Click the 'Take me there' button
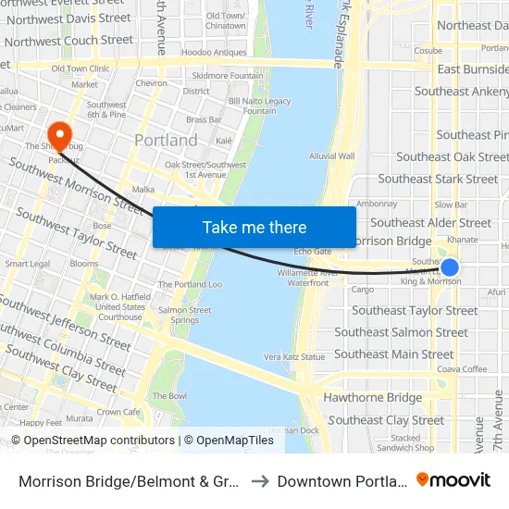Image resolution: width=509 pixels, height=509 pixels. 254,228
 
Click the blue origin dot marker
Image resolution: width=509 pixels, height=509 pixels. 449,268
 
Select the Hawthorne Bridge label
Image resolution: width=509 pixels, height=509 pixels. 372,398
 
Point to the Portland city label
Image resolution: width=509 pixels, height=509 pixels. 166,141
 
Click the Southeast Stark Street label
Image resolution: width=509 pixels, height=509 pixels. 438,179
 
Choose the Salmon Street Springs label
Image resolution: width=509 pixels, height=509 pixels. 178,316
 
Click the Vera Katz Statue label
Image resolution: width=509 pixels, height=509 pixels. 294,356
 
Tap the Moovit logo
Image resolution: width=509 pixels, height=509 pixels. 453,479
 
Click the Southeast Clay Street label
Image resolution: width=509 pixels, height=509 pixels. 386,420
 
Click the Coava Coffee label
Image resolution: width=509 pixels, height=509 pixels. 462,369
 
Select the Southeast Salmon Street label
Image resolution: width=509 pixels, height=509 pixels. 401,332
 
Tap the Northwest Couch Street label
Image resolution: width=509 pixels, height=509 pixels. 68,41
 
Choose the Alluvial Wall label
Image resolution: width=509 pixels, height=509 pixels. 332,156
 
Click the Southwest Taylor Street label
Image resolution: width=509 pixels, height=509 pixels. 76,233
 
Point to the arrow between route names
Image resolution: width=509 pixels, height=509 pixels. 259,480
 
